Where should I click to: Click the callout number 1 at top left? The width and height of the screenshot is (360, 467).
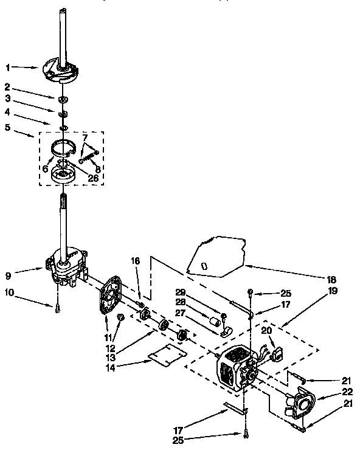pyautogui.click(x=7, y=67)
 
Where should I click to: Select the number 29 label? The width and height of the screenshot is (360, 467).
pyautogui.click(x=181, y=292)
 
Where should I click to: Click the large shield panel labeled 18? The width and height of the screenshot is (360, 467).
pyautogui.click(x=219, y=255)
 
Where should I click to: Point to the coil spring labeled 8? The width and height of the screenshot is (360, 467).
pyautogui.click(x=88, y=157)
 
